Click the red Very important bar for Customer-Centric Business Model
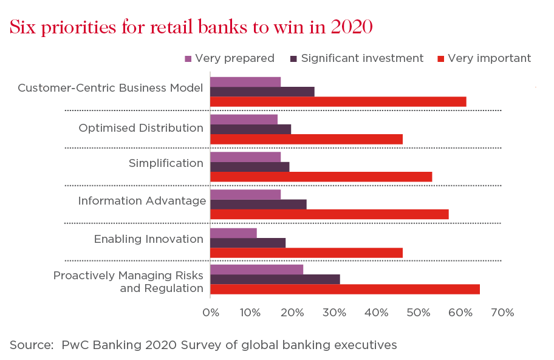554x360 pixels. [x=338, y=101]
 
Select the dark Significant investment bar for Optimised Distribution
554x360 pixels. [x=250, y=129]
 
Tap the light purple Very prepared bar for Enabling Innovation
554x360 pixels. [x=233, y=233]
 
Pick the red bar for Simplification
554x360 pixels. [x=321, y=177]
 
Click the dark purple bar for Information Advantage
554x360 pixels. [x=258, y=205]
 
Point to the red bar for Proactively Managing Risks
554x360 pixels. [x=345, y=289]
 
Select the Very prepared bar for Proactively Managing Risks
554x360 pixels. [x=256, y=270]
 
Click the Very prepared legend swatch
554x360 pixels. [x=188, y=59]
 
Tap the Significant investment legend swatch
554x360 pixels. [x=293, y=59]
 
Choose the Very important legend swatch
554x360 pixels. [x=440, y=59]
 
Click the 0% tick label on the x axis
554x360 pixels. [x=211, y=313]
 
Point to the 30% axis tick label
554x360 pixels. [x=334, y=313]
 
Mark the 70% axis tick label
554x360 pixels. [x=502, y=313]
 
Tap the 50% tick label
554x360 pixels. [x=419, y=313]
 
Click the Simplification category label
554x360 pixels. [x=166, y=163]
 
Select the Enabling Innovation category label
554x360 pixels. [x=149, y=239]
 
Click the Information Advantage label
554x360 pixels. [x=142, y=201]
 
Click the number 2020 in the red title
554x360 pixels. [x=352, y=27]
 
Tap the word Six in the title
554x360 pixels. [x=22, y=27]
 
